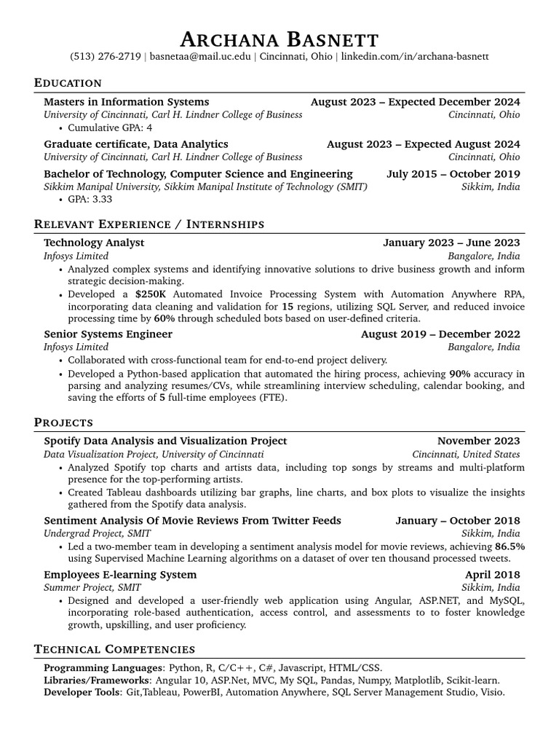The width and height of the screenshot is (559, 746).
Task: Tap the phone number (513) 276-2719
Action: point(105,57)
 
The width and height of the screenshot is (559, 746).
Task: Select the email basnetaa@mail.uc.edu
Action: point(200,57)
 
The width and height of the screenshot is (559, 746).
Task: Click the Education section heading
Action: point(68,83)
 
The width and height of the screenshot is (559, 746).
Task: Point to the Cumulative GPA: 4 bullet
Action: point(110,127)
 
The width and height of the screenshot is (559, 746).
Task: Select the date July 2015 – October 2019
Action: point(453,173)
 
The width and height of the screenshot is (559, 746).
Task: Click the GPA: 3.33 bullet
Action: point(95,199)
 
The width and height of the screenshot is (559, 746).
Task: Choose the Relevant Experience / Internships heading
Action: point(149,224)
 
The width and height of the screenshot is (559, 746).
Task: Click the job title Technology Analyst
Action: point(94,243)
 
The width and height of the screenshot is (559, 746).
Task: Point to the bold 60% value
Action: point(164,318)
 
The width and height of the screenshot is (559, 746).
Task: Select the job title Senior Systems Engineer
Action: point(108,334)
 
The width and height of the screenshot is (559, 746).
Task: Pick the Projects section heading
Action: point(63,423)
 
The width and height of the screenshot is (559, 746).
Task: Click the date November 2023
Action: point(478,441)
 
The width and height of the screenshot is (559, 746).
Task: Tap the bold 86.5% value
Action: point(510,546)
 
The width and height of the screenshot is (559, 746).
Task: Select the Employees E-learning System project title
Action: point(120,575)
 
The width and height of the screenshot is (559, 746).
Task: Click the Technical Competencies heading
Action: point(114,649)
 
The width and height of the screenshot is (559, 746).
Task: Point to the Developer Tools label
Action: point(81,692)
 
